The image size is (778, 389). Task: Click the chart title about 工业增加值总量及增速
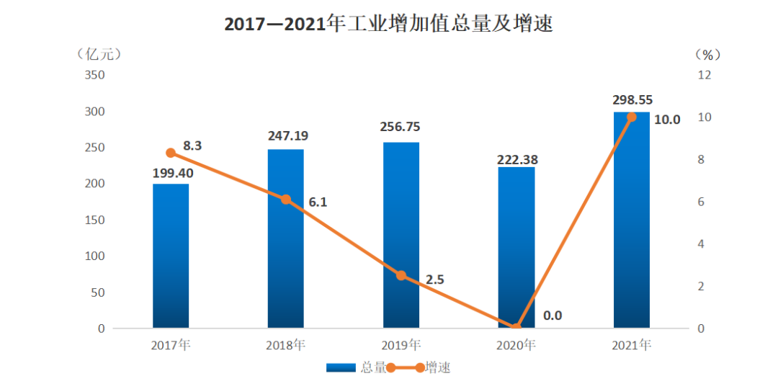pos(388,24)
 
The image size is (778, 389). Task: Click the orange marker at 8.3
pos(171,153)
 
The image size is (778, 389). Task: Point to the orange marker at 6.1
pos(286,200)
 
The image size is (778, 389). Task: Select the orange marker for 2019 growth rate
pos(401,275)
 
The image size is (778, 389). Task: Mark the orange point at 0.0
pos(517,328)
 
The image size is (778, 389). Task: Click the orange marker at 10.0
pos(632,117)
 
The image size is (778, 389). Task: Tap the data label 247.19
pos(286,135)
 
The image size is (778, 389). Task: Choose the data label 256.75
pos(401,127)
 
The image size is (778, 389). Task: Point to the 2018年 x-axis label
pos(286,345)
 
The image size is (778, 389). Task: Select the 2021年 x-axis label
pos(632,345)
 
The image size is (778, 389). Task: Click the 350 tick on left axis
pos(95,75)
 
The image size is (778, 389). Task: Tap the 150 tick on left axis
pos(95,220)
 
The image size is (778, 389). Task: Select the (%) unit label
pos(708,54)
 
